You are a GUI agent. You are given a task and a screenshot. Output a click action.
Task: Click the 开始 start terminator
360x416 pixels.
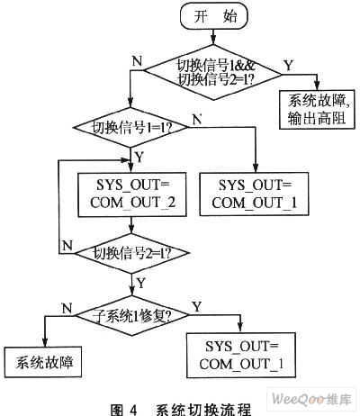pyautogui.click(x=213, y=16)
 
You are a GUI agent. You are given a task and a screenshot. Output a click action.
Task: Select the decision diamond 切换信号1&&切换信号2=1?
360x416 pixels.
pyautogui.click(x=213, y=72)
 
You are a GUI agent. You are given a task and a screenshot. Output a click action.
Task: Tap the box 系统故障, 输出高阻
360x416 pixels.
pyautogui.click(x=317, y=110)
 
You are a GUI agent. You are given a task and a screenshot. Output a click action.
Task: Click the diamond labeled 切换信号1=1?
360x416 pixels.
pyautogui.click(x=130, y=127)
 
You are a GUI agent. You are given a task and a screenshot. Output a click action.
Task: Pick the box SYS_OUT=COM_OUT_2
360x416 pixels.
pyautogui.click(x=132, y=194)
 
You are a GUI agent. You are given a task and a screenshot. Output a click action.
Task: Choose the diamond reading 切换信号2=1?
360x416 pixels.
pyautogui.click(x=132, y=254)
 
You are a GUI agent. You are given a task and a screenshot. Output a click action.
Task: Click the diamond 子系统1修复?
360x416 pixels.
pyautogui.click(x=132, y=315)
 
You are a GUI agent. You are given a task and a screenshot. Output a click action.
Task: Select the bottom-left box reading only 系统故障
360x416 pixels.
pyautogui.click(x=43, y=362)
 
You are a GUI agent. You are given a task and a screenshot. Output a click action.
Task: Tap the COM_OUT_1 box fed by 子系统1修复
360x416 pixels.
pyautogui.click(x=241, y=355)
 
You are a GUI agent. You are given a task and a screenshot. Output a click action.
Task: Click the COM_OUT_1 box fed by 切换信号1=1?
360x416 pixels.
pyautogui.click(x=254, y=194)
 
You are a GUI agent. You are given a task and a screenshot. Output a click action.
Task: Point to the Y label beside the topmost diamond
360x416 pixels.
pyautogui.click(x=289, y=65)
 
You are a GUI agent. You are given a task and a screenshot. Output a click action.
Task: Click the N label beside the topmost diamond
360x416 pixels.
pyautogui.click(x=137, y=61)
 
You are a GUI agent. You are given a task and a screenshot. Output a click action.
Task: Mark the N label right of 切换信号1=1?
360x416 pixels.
pyautogui.click(x=197, y=120)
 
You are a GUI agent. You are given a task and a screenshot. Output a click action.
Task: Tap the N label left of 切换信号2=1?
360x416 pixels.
pyautogui.click(x=67, y=246)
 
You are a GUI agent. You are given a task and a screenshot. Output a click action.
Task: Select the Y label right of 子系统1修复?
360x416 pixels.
pyautogui.click(x=197, y=307)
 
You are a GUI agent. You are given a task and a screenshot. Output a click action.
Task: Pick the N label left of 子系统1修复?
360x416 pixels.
pyautogui.click(x=67, y=308)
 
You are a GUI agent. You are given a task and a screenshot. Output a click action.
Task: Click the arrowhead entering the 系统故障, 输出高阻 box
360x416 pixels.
pyautogui.click(x=317, y=86)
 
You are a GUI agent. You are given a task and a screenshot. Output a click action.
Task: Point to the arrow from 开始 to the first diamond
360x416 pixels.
pyautogui.click(x=213, y=37)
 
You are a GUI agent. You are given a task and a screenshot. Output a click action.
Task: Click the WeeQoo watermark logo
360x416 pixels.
pyautogui.click(x=311, y=400)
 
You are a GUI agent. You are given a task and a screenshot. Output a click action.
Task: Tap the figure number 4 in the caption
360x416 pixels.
pyautogui.click(x=133, y=410)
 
